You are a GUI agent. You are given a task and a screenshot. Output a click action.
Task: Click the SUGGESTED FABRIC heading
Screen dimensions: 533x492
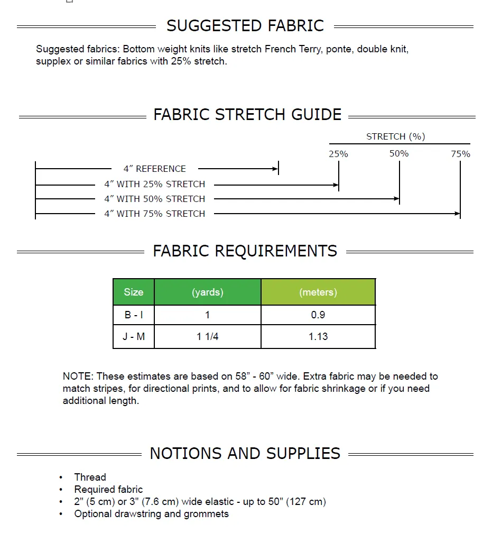(245, 25)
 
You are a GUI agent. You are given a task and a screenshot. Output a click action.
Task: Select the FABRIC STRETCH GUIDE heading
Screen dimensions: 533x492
(247, 114)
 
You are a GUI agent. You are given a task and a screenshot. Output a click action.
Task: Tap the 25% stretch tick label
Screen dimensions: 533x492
(338, 154)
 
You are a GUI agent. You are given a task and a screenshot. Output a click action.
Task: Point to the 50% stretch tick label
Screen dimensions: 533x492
(399, 153)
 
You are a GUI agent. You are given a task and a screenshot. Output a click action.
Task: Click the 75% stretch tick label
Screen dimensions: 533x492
(460, 154)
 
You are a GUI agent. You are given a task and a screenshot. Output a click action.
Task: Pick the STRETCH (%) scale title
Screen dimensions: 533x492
(396, 136)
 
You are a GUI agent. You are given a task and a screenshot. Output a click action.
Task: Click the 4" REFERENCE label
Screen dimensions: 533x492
(154, 169)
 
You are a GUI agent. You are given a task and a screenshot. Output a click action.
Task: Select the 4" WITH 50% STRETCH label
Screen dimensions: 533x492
(154, 199)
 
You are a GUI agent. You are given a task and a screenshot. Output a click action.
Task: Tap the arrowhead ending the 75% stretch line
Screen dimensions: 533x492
(457, 214)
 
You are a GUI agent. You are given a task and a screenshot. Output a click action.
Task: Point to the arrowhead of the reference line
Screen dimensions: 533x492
(275, 169)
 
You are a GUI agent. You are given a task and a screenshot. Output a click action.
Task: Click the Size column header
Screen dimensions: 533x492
(134, 292)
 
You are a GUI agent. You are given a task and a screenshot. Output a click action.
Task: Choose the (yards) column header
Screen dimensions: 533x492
(207, 292)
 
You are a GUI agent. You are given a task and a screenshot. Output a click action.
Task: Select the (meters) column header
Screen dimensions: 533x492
(318, 292)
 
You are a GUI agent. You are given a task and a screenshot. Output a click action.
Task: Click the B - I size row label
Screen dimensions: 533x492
(134, 315)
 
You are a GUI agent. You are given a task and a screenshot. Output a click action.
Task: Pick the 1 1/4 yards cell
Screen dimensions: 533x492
(207, 336)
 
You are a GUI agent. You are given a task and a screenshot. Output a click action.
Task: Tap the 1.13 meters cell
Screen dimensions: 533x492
(318, 336)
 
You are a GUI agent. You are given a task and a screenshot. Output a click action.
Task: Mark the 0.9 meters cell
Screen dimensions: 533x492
(318, 315)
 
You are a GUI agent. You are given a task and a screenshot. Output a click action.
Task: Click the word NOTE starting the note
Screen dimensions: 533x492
(78, 376)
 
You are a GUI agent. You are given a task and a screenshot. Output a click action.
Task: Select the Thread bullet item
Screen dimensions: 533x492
(90, 477)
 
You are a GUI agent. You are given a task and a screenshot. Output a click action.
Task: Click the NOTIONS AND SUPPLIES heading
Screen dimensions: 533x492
(245, 453)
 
